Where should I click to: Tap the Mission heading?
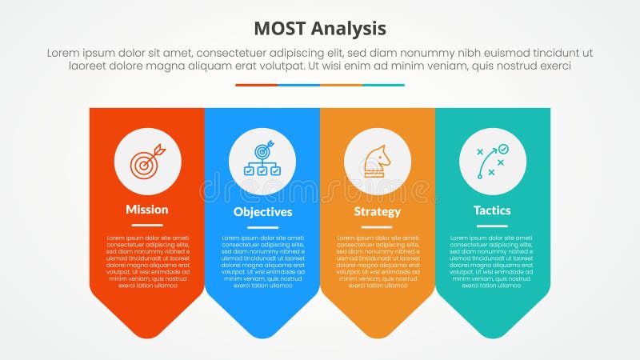(x=147, y=210)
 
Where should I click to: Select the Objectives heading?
(x=262, y=212)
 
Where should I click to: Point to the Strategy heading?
(x=378, y=212)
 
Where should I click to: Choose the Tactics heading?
(x=492, y=210)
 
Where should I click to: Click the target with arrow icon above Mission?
(x=148, y=162)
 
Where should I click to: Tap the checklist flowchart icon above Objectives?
(x=262, y=162)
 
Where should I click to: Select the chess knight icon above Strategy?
(x=378, y=162)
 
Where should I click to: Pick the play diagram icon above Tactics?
(x=493, y=162)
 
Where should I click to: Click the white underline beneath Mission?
(x=147, y=225)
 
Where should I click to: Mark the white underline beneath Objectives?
(x=262, y=227)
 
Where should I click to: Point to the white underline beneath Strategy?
(x=378, y=227)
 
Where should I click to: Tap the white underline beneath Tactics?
(x=492, y=226)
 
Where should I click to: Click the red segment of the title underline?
(x=256, y=85)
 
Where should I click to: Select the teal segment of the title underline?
(x=383, y=85)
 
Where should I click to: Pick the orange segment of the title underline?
(x=341, y=85)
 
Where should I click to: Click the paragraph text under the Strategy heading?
(x=378, y=261)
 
